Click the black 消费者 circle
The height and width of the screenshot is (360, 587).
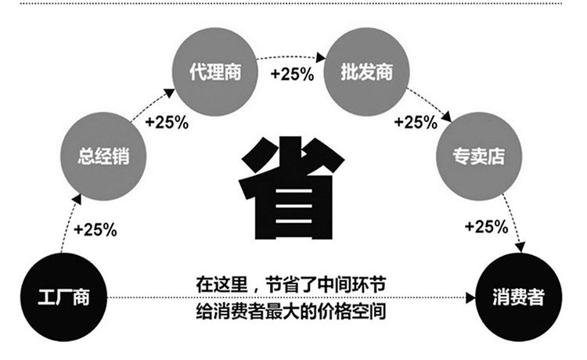coord(518,298)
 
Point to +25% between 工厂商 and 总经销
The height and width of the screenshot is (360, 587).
coord(95,230)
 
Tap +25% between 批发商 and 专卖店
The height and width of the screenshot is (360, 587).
coord(415,122)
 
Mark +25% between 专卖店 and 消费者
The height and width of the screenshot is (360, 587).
coord(486,227)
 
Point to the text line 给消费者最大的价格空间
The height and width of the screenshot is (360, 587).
coord(291,311)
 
